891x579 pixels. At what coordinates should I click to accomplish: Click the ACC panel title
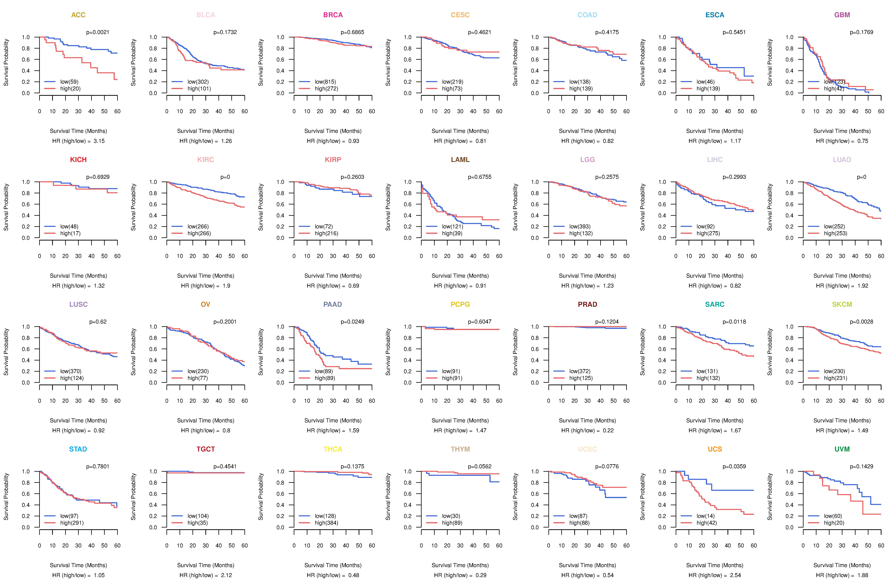click(x=78, y=15)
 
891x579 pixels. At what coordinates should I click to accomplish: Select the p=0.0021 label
click(x=98, y=32)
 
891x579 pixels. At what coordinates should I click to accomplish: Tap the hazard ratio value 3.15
click(x=99, y=141)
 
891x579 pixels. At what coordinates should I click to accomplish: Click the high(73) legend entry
click(x=452, y=89)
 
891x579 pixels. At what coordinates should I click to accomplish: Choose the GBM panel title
click(x=842, y=15)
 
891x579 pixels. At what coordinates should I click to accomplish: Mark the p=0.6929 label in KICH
click(x=98, y=177)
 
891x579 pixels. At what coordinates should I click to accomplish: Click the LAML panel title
click(x=460, y=160)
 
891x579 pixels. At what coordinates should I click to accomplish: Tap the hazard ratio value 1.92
click(x=863, y=286)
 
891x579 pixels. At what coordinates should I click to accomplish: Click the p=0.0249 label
click(x=352, y=322)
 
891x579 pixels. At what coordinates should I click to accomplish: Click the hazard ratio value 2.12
click(x=226, y=575)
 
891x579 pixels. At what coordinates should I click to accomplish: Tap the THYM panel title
click(x=460, y=449)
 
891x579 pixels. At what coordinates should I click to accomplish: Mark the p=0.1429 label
click(x=861, y=467)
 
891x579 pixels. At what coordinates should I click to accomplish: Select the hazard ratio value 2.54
click(x=736, y=575)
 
